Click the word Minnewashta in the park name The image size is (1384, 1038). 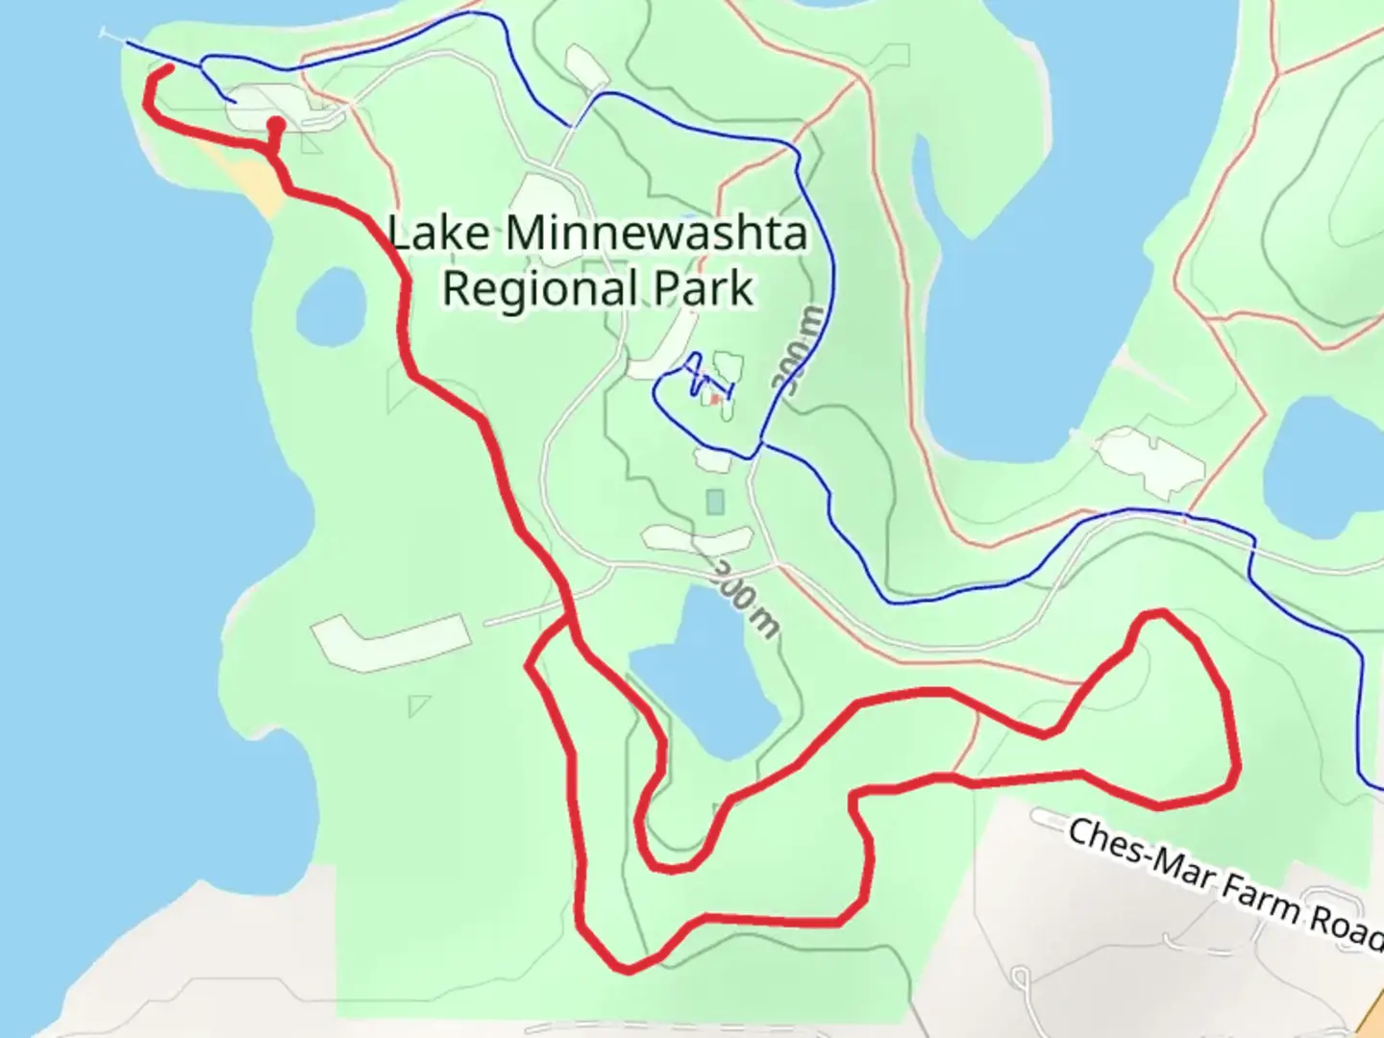(x=655, y=234)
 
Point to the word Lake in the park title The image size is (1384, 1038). (x=440, y=234)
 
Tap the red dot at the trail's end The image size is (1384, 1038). (x=276, y=124)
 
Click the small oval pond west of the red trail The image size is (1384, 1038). (x=331, y=307)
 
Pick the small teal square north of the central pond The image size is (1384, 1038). (x=714, y=502)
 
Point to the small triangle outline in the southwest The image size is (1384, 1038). (x=418, y=706)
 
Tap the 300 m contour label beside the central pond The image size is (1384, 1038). (x=745, y=598)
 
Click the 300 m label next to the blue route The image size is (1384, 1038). (x=797, y=352)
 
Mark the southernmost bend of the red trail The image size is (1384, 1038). (x=627, y=969)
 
